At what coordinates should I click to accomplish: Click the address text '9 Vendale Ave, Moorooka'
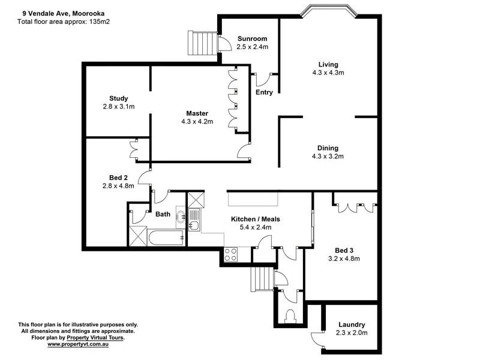coord(55,10)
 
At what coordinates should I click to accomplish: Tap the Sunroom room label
coord(252,38)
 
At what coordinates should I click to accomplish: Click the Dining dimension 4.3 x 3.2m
coord(328,157)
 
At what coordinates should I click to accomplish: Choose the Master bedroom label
coord(197,113)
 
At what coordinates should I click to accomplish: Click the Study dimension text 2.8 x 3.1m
coord(118,107)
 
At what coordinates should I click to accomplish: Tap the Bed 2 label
coord(118,178)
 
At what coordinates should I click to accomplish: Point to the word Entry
coord(264,92)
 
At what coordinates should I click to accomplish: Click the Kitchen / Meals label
coord(256,219)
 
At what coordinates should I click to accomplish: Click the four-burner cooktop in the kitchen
coord(230,254)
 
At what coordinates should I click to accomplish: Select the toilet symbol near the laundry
coord(291,314)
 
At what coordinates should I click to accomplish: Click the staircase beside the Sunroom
coord(199,41)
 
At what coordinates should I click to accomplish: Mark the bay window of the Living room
coord(329,10)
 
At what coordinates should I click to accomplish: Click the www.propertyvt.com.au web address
coord(77,344)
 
